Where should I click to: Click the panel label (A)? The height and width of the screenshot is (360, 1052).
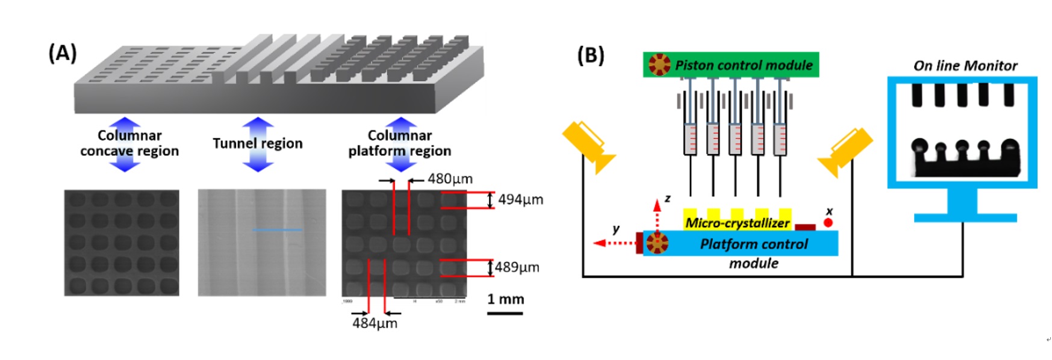pos(63,54)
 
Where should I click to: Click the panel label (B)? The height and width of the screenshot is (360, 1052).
pos(590,55)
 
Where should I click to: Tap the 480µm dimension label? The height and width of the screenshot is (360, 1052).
pos(450,179)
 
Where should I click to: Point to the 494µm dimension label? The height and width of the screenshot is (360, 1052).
pos(520,199)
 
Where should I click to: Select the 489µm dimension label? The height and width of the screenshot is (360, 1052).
pos(517,267)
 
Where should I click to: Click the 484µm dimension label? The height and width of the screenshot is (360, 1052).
pos(375,323)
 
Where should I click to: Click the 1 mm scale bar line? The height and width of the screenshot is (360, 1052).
pos(505,313)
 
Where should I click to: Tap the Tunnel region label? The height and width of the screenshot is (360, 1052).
pos(257,143)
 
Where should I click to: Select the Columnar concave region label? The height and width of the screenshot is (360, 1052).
pos(129,143)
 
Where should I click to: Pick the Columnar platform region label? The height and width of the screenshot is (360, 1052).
pos(399,143)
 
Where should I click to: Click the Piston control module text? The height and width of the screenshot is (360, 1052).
pos(743,65)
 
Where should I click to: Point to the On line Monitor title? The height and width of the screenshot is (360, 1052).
pos(965,66)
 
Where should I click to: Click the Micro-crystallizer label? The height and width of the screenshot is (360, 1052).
pos(737,223)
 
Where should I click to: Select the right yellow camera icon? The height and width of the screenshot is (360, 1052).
pos(845,151)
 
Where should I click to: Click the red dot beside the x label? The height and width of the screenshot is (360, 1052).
pos(828,223)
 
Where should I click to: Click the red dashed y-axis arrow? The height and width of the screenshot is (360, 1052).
pos(614,243)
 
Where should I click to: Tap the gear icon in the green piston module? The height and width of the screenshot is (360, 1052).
pos(659,64)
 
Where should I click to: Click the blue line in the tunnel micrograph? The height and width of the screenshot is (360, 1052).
pos(277,229)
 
